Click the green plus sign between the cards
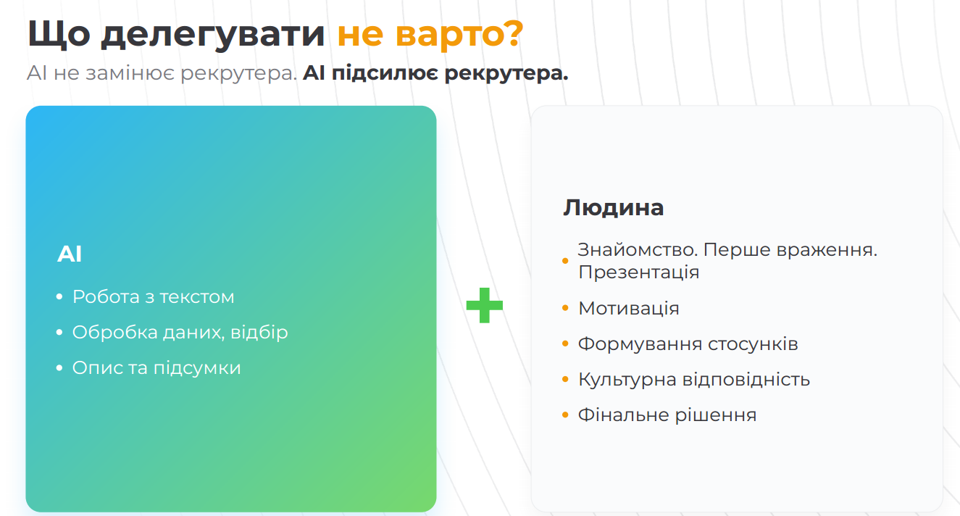click(484, 305)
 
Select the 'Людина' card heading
click(613, 208)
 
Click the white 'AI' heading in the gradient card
click(70, 254)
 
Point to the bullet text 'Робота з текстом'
click(154, 296)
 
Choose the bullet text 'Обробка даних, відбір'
click(180, 332)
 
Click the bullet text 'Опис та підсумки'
click(156, 367)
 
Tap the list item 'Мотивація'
click(629, 308)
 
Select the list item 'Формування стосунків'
click(688, 344)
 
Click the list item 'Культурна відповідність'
click(694, 379)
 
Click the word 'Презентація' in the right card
click(639, 272)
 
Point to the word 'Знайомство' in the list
click(638, 249)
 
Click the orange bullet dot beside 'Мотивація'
click(565, 308)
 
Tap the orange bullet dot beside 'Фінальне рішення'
click(565, 415)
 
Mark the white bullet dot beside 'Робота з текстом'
click(59, 296)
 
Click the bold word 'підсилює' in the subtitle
click(385, 74)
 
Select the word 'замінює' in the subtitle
click(130, 73)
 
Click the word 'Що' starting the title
click(59, 34)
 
